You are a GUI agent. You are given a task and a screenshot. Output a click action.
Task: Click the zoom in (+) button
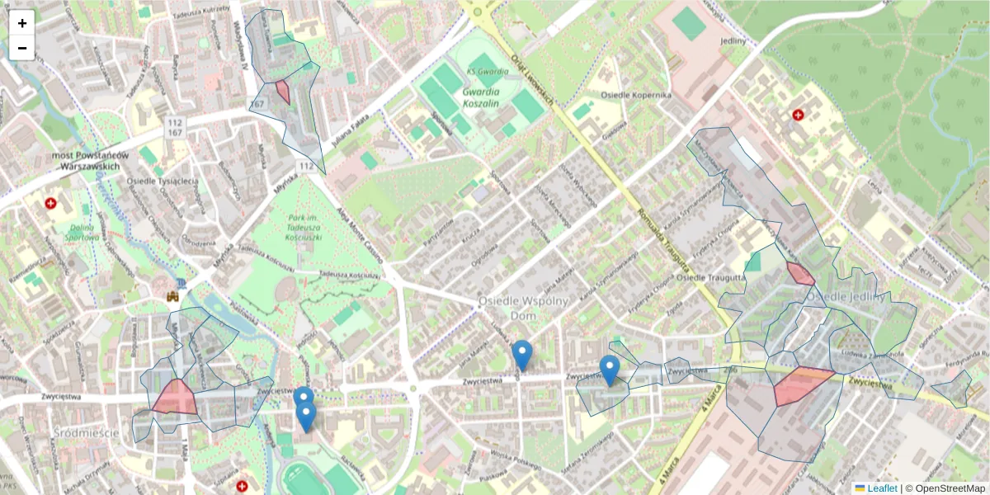22,23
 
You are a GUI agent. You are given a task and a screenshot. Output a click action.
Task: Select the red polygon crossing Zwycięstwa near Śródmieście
174,398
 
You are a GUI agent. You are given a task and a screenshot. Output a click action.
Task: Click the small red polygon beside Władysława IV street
283,91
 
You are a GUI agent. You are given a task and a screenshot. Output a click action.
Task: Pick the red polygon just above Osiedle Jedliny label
799,274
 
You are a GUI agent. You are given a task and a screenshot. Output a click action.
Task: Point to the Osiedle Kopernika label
635,96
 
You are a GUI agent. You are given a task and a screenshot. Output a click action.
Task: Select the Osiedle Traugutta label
712,278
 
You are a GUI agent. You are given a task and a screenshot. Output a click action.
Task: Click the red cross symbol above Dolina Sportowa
51,202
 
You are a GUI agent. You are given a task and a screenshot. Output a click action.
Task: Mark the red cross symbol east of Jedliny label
798,115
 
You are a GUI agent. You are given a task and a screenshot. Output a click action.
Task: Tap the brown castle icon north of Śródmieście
173,295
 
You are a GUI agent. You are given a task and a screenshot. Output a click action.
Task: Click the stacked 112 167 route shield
174,127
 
